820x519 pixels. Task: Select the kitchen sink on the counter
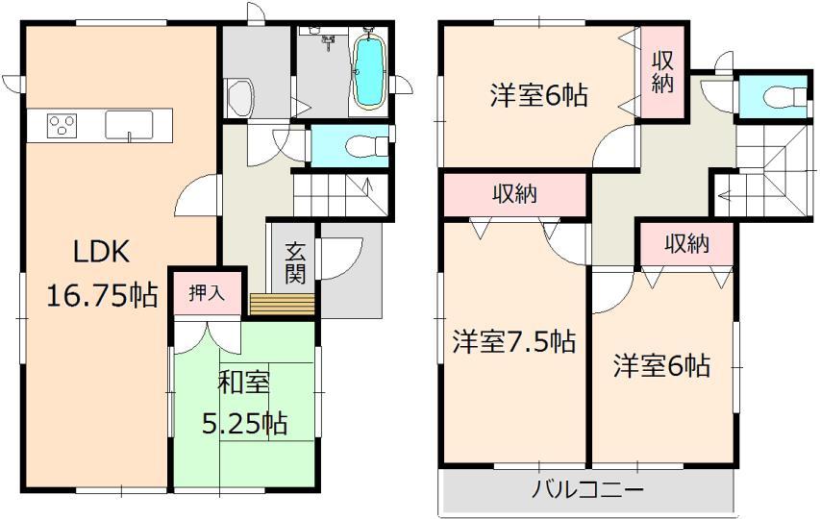coord(129,125)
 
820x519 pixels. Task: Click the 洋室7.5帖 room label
coord(514,341)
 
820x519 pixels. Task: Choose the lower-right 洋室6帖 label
coord(662,365)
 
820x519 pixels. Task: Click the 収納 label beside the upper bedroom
coord(662,70)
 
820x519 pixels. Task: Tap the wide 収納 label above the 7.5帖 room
coord(514,195)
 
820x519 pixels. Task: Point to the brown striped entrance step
coord(283,304)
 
